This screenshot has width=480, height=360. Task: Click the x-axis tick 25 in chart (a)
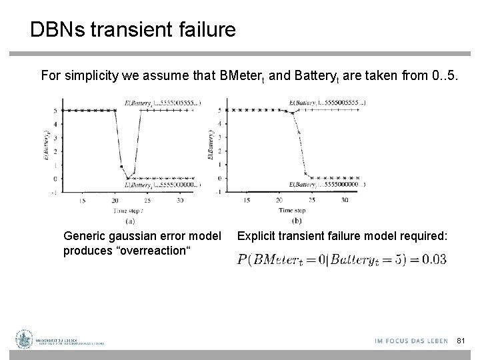[147, 200]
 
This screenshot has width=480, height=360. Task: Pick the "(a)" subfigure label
[129, 221]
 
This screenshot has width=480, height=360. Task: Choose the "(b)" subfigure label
[297, 220]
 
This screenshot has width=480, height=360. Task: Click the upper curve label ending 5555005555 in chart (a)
[171, 103]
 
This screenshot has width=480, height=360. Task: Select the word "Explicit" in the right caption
[256, 235]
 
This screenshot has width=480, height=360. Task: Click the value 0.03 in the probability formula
[433, 259]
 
